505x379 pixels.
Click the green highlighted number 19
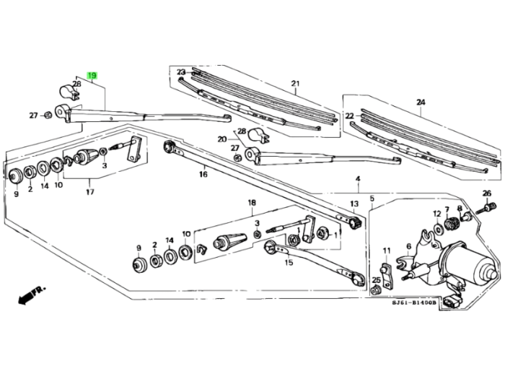[92, 74]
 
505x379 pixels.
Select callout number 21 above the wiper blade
[294, 84]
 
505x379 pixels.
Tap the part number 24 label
[421, 102]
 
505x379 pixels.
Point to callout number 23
[181, 71]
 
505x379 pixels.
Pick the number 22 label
[349, 116]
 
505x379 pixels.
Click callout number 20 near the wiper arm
[222, 139]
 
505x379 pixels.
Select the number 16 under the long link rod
[203, 174]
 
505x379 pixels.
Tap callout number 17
[89, 192]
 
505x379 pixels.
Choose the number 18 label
[252, 203]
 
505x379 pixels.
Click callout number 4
[357, 178]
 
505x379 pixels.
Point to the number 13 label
[354, 204]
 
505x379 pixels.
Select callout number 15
[289, 263]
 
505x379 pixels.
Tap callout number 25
[376, 280]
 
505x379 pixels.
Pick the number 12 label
[436, 214]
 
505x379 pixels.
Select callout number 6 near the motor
[408, 246]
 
